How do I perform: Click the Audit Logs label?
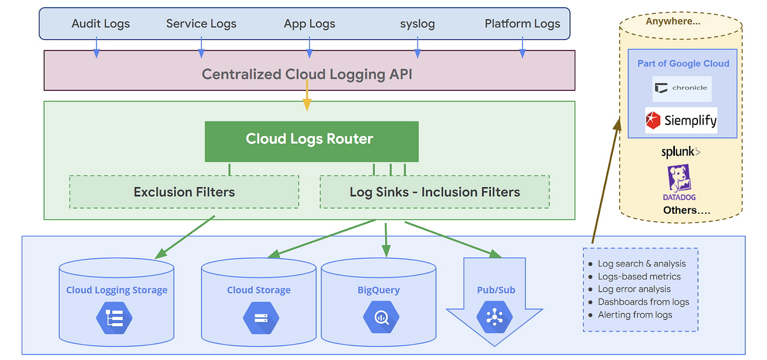click(101, 24)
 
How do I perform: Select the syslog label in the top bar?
click(417, 24)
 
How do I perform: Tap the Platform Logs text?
click(522, 24)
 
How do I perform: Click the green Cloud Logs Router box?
click(312, 141)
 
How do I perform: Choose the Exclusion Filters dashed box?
click(184, 192)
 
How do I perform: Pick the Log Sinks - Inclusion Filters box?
click(434, 192)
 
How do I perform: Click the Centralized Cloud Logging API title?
click(307, 74)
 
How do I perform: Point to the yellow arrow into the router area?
click(307, 95)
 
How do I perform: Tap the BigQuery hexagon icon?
click(381, 317)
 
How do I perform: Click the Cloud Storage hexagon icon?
click(261, 318)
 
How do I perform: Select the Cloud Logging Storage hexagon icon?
click(115, 318)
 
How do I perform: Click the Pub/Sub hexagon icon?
click(494, 317)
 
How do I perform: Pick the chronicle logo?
click(682, 89)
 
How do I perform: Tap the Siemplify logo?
click(681, 121)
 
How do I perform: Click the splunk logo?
click(680, 152)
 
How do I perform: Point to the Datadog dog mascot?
click(679, 178)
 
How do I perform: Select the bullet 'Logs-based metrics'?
click(639, 276)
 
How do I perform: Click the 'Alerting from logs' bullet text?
click(635, 315)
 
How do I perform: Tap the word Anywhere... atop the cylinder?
click(673, 21)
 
